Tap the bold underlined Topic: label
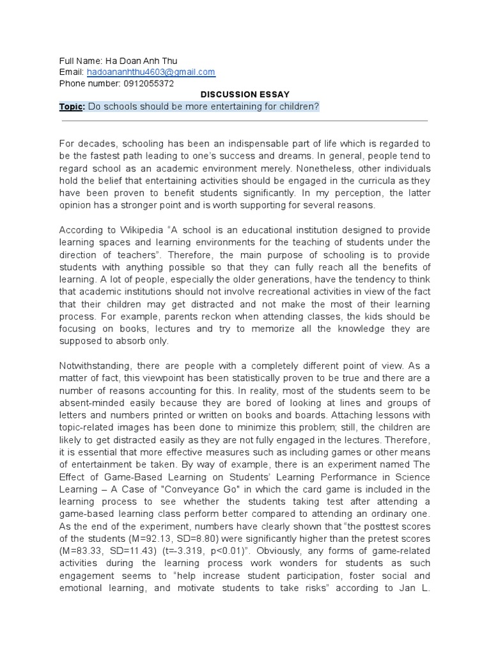point(72,106)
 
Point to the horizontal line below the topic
point(245,120)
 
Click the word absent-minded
point(97,403)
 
